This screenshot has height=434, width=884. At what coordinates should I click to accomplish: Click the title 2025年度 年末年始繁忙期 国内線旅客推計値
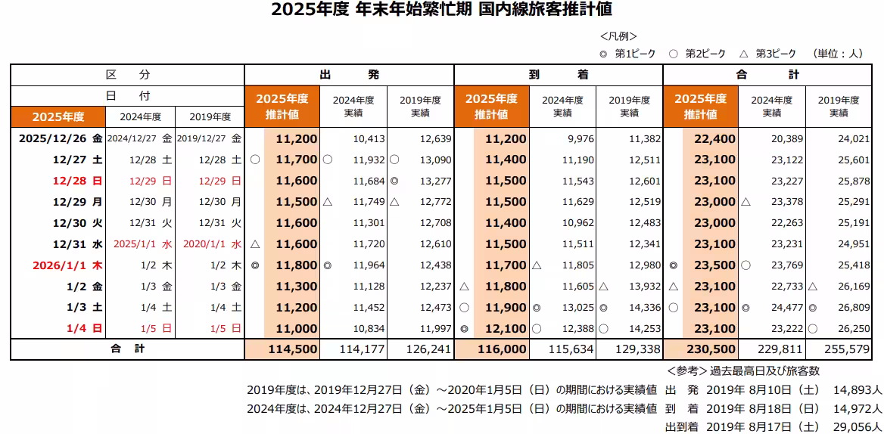441,11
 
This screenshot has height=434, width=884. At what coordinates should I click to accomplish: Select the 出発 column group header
349,75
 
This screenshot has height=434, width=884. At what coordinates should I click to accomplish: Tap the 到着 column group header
559,75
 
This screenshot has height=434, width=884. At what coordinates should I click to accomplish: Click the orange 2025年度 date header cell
58,116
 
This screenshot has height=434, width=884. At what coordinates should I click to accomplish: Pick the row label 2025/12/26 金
60,138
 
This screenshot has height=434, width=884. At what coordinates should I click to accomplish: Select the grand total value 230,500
711,349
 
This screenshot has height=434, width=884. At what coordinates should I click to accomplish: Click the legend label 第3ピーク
776,54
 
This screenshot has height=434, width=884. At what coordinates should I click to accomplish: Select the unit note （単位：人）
838,54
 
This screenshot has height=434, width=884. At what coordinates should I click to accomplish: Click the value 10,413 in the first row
369,138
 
